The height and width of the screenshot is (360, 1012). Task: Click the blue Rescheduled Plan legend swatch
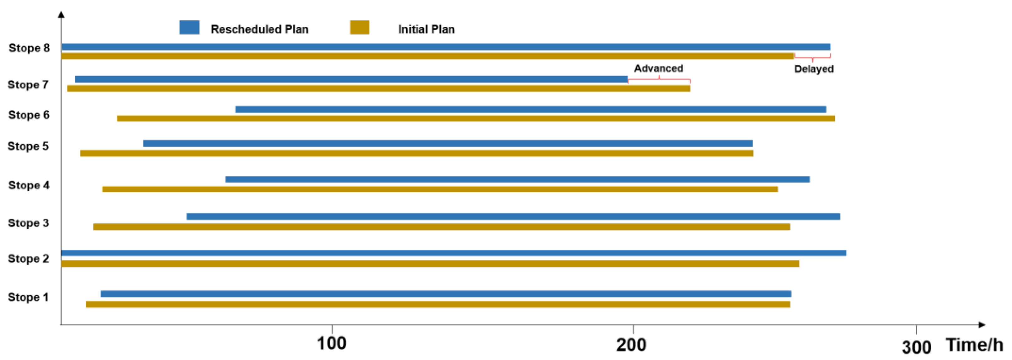click(x=189, y=28)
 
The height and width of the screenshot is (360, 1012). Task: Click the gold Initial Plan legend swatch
click(x=359, y=28)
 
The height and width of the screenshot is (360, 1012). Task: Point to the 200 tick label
click(x=631, y=345)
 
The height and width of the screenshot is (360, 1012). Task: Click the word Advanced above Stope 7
click(x=659, y=68)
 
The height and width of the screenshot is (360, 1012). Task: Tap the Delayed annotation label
click(x=814, y=69)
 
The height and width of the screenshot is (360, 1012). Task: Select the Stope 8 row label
click(x=29, y=48)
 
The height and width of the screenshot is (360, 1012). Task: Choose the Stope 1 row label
click(x=28, y=297)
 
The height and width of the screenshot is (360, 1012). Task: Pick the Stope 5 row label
click(x=28, y=146)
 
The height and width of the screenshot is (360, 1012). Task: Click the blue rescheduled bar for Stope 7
click(x=351, y=79)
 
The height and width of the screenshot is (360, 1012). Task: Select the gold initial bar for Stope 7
click(x=378, y=88)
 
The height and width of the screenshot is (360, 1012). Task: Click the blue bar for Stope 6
click(x=530, y=109)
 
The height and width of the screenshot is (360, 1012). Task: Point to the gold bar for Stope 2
click(x=430, y=263)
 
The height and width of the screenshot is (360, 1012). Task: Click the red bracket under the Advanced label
click(x=659, y=80)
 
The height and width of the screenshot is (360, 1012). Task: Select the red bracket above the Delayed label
click(x=812, y=57)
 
